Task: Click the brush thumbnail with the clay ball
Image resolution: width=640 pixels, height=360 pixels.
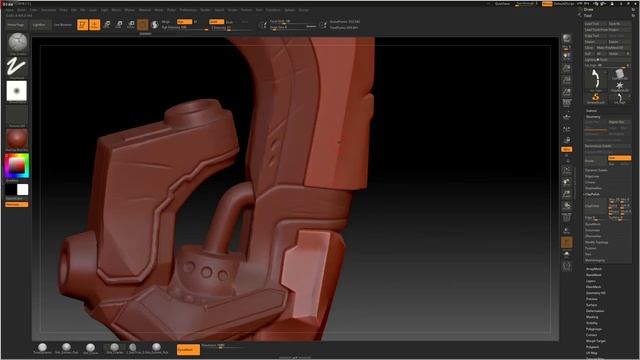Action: tap(17, 43)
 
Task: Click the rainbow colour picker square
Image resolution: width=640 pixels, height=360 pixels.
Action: tap(17, 166)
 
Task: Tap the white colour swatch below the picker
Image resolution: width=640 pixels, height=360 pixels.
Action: tap(22, 189)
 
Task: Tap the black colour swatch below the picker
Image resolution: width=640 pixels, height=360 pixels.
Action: tap(11, 189)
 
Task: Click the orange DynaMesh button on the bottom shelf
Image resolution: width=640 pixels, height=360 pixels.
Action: tap(185, 349)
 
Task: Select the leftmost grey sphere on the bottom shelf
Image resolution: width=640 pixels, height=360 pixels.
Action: tap(42, 346)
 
